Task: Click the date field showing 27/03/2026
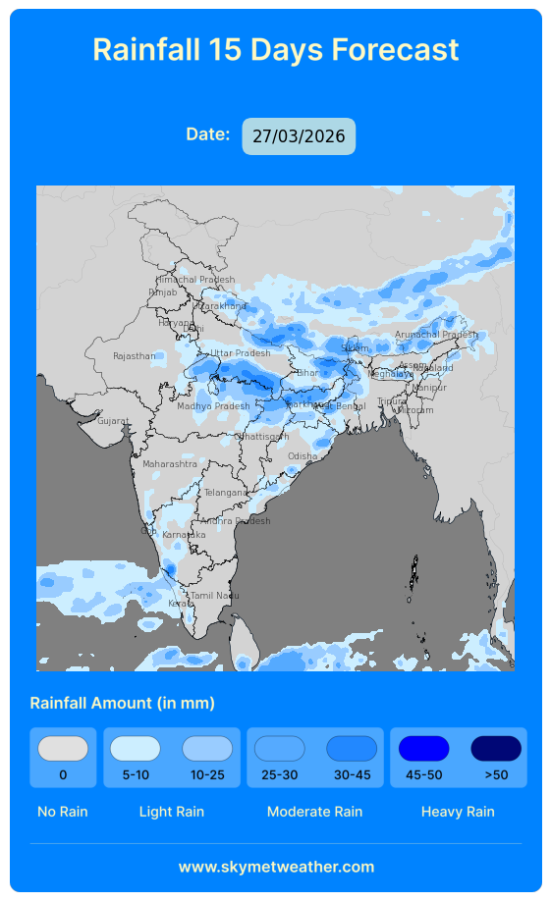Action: tap(299, 136)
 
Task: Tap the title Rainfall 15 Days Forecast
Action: tap(275, 49)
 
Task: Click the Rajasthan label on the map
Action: tap(134, 356)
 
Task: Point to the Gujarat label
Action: tap(113, 421)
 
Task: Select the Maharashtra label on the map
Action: tap(170, 463)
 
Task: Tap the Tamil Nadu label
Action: tap(214, 596)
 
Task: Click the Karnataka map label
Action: tap(185, 535)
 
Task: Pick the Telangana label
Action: tap(225, 493)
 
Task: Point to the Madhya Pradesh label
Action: tap(213, 406)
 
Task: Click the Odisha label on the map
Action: tap(303, 456)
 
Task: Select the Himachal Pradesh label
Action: tap(195, 280)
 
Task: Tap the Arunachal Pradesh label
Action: tap(436, 335)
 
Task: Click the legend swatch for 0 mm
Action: tap(63, 749)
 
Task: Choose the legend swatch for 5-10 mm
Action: tap(136, 749)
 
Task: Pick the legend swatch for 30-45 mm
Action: tap(352, 749)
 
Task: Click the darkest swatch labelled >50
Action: tap(496, 749)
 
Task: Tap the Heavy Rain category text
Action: tap(458, 812)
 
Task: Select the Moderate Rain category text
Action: tap(314, 812)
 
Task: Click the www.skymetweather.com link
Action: tap(276, 867)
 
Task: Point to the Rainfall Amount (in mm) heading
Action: tap(122, 703)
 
